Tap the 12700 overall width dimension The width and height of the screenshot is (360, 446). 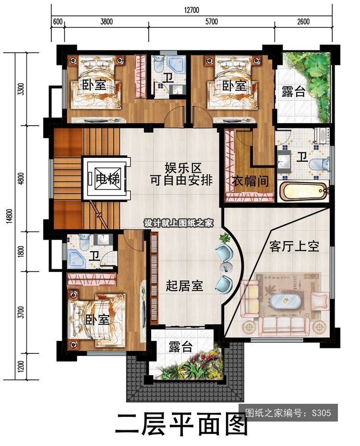click(x=192, y=10)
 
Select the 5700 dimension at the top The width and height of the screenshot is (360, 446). click(x=212, y=22)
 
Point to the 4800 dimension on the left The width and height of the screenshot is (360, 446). click(x=21, y=178)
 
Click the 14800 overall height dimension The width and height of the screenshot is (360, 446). click(x=10, y=216)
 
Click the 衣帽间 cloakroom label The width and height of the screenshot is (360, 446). click(x=251, y=181)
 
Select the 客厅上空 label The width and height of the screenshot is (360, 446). click(x=294, y=246)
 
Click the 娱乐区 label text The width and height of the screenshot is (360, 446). click(x=183, y=168)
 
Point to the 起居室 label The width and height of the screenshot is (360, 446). click(x=184, y=285)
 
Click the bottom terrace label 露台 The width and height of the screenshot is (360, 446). click(x=180, y=346)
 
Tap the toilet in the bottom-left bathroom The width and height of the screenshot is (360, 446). click(x=84, y=242)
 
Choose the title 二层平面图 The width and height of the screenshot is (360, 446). click(x=180, y=425)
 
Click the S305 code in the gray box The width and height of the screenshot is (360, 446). click(x=321, y=413)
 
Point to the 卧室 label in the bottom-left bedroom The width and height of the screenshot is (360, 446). click(x=97, y=320)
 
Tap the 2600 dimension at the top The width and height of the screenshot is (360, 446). click(x=303, y=22)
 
